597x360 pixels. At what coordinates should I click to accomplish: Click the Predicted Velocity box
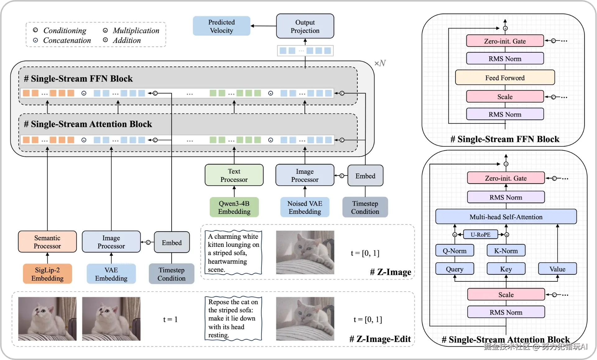click(x=221, y=26)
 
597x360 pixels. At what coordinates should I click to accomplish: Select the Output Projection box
click(x=305, y=26)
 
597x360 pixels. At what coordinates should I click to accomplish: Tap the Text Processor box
click(x=234, y=175)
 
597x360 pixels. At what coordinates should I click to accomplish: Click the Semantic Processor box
click(x=47, y=242)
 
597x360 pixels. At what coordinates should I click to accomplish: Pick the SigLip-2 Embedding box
click(x=47, y=274)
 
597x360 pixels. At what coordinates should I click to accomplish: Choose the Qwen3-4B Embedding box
click(x=234, y=207)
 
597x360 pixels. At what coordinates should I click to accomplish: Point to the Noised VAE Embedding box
click(x=305, y=207)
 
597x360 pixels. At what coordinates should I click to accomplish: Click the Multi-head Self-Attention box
click(x=506, y=217)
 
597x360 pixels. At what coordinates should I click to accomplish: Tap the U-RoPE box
click(x=480, y=234)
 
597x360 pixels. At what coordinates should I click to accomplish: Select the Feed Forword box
click(x=505, y=78)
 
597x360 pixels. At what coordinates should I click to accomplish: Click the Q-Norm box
click(x=455, y=251)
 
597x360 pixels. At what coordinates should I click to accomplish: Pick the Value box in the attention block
click(x=557, y=269)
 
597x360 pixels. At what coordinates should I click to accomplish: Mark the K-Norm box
click(x=506, y=251)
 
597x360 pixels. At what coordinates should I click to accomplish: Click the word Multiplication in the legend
click(x=136, y=30)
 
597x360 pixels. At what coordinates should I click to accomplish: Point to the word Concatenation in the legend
click(x=67, y=40)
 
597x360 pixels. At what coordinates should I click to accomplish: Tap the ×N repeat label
click(x=380, y=63)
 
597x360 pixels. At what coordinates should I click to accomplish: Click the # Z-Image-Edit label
click(x=380, y=339)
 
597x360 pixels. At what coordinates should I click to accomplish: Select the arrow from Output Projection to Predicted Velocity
click(x=263, y=26)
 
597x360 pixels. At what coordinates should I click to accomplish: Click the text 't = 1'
click(x=170, y=319)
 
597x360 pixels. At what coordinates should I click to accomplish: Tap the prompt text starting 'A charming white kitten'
click(x=233, y=253)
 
